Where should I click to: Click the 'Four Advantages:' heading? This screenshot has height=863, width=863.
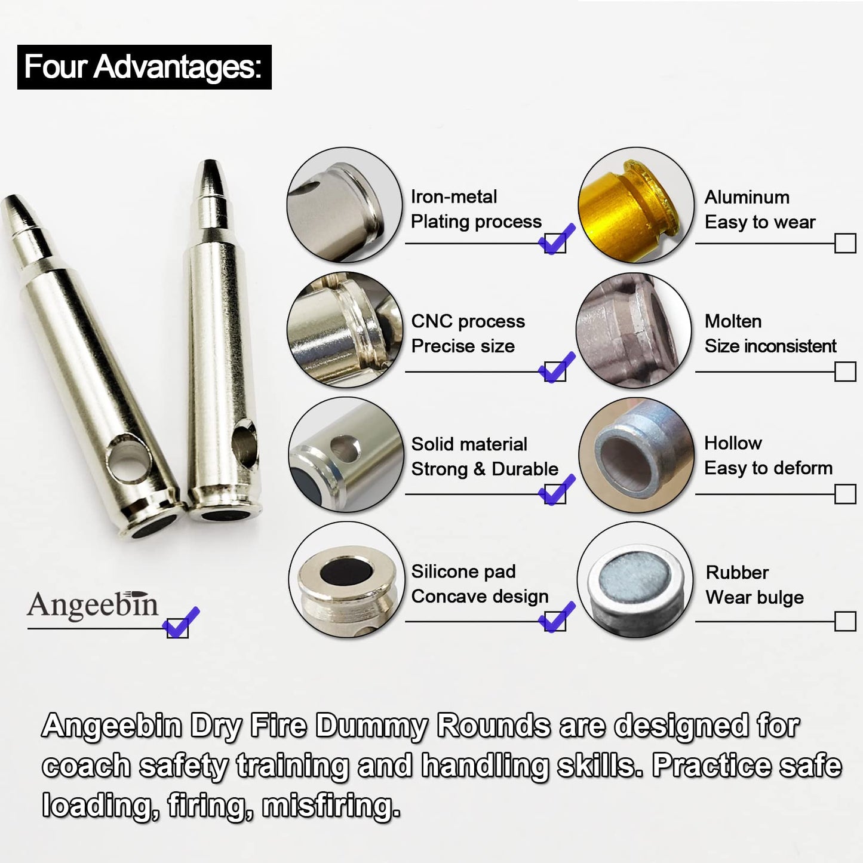tap(144, 67)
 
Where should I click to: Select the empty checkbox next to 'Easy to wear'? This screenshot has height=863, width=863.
tap(844, 243)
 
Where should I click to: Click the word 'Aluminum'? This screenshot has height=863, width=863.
tap(747, 197)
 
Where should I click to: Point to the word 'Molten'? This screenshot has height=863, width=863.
tap(733, 321)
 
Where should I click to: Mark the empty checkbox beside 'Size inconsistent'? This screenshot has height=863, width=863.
tap(844, 371)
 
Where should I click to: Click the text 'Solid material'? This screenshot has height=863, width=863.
tap(469, 444)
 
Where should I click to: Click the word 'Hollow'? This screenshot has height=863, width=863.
tap(733, 443)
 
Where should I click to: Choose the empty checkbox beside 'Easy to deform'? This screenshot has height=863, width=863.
tap(844, 494)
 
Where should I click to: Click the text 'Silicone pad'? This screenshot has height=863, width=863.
tap(463, 572)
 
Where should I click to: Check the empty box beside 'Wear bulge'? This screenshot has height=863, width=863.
tap(844, 621)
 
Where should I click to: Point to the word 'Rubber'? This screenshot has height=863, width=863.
tap(737, 572)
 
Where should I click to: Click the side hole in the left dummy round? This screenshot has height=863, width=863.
tap(128, 464)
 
